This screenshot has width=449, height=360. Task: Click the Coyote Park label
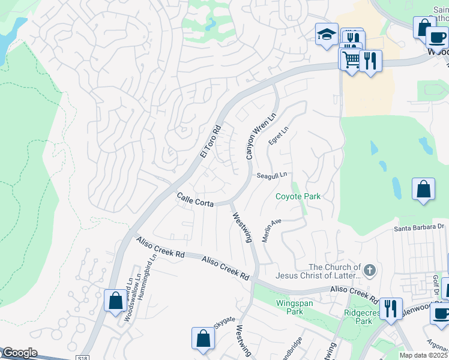pyautogui.click(x=298, y=196)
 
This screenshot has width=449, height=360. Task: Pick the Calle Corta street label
pyautogui.click(x=195, y=200)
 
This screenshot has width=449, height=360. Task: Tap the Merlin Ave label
pyautogui.click(x=271, y=229)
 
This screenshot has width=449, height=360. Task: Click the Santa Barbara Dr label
pyautogui.click(x=418, y=227)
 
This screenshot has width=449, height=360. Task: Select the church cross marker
pyautogui.click(x=370, y=271)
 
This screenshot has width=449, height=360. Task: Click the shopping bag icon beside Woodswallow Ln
pyautogui.click(x=115, y=299)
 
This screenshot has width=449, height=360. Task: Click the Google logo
pyautogui.click(x=19, y=353)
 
